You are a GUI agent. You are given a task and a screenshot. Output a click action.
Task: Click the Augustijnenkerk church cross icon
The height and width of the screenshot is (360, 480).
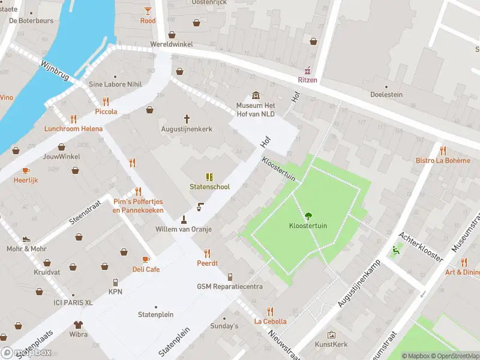click(x=187, y=119)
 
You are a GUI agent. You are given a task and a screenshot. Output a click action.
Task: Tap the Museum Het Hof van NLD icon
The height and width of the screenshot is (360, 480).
click(x=256, y=95)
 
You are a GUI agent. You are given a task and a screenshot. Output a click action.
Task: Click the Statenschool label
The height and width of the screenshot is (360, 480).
click(x=209, y=187)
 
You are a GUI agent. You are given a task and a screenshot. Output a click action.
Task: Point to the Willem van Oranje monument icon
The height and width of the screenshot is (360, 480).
click(x=184, y=219)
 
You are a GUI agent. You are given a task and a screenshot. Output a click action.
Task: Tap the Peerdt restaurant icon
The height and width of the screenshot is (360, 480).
click(x=208, y=253)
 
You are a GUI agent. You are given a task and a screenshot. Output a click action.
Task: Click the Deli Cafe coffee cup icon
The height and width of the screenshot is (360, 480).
click(x=146, y=259)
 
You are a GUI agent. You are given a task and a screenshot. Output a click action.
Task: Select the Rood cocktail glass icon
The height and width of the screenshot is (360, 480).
click(x=148, y=10)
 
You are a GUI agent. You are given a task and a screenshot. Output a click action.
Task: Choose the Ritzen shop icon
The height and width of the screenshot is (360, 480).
click(x=308, y=70)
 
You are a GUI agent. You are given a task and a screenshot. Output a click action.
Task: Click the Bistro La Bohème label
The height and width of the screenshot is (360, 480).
click(x=443, y=160)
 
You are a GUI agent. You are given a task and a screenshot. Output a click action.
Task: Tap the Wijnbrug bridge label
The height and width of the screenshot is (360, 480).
click(x=55, y=70)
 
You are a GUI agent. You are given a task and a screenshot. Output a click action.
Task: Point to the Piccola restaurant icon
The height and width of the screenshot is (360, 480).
click(x=106, y=101)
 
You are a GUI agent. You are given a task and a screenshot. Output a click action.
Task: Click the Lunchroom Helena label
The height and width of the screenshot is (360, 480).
click(x=73, y=128)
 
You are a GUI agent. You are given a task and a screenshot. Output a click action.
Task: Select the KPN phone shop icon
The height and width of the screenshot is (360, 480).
click(x=115, y=282)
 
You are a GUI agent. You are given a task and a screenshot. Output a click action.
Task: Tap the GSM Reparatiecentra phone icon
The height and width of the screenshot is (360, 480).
click(x=230, y=277)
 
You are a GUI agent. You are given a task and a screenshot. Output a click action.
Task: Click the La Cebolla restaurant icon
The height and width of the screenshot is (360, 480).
click(x=270, y=311)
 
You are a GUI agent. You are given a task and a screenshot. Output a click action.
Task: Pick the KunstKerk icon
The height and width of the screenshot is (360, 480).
click(x=331, y=335)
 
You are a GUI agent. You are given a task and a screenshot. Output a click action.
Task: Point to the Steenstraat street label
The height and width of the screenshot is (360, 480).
click(x=83, y=212)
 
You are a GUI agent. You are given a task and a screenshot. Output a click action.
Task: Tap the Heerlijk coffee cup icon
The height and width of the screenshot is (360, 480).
click(x=26, y=170)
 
